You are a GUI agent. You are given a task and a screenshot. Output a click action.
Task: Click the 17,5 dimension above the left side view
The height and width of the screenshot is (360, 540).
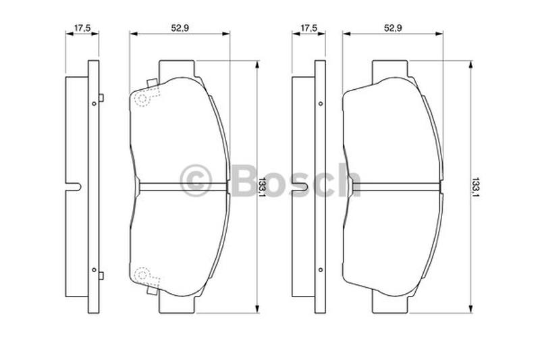pyautogui.click(x=82, y=28)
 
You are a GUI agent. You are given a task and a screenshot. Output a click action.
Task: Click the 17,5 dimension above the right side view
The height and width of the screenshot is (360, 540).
pyautogui.click(x=308, y=28)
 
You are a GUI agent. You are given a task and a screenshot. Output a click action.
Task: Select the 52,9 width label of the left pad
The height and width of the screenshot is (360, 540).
pyautogui.click(x=180, y=28)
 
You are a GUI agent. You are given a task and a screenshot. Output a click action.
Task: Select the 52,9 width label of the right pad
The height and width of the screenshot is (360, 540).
pyautogui.click(x=393, y=28)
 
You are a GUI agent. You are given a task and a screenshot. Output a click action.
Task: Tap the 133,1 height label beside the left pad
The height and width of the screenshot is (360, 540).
pyautogui.click(x=263, y=187)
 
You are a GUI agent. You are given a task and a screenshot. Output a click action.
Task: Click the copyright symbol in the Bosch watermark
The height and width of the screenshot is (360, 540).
pyautogui.click(x=196, y=180)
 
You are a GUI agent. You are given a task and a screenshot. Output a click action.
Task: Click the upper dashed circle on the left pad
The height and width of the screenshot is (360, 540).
pyautogui.click(x=142, y=99)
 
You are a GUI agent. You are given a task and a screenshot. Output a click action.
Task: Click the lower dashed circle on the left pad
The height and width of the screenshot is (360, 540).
pyautogui.click(x=142, y=275)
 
